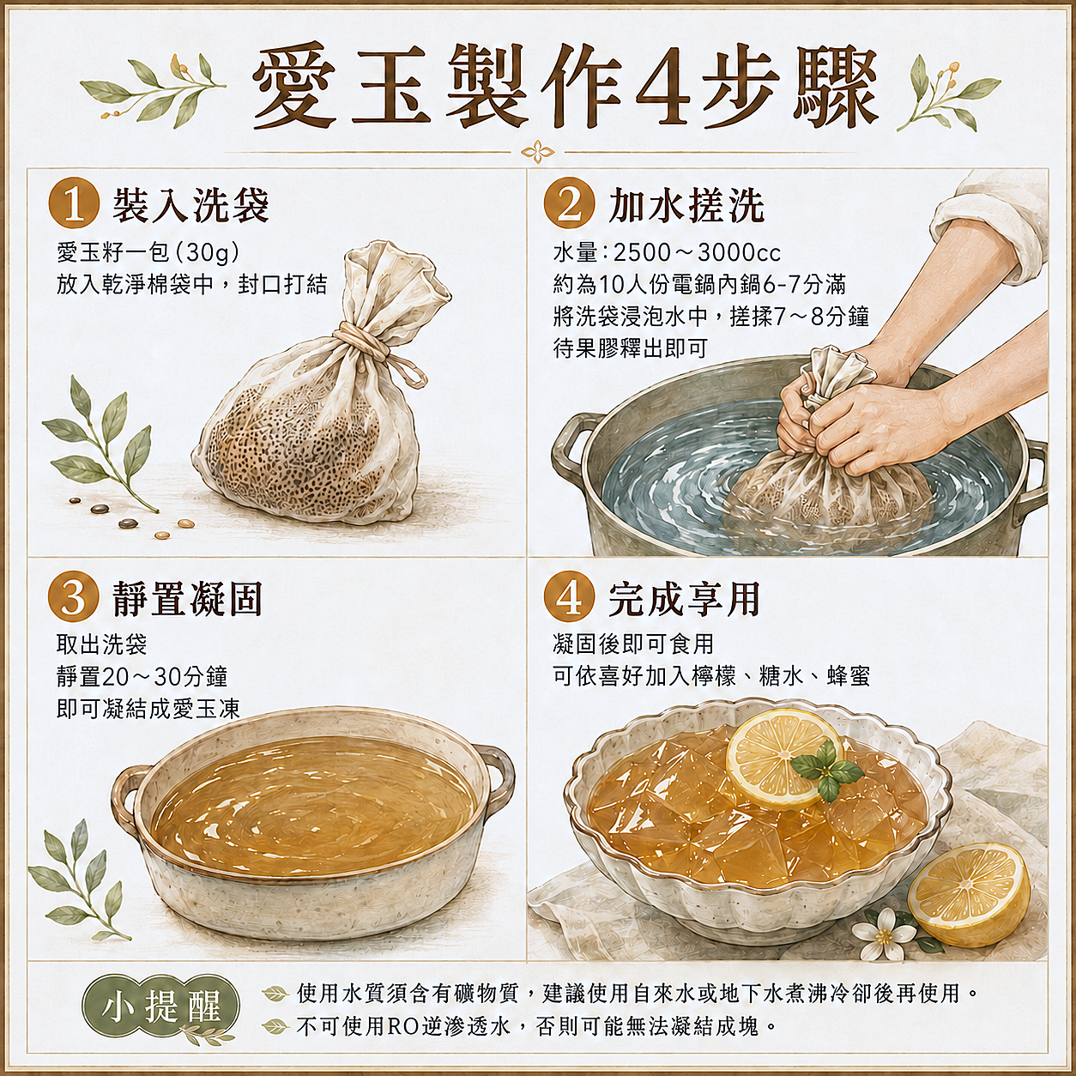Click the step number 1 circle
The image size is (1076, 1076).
74,204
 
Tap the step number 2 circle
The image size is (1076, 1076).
568,204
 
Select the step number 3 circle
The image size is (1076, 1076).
74,597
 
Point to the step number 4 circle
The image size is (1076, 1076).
568,597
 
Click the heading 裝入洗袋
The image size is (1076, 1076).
190,205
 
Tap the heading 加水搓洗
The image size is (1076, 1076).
686,205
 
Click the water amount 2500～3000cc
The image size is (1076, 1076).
697,253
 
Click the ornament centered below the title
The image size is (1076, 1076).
538,152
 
